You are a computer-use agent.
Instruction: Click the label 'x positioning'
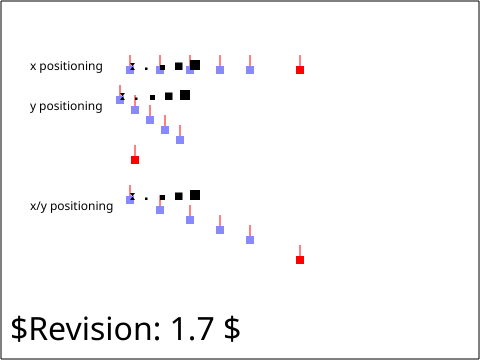click(66, 66)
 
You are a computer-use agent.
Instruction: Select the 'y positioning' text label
click(66, 106)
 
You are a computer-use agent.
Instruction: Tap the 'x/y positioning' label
click(71, 206)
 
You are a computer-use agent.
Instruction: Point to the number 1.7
click(192, 329)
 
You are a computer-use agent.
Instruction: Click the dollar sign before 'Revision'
click(19, 329)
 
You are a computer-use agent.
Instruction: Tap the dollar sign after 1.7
click(232, 329)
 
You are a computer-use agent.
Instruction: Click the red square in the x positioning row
click(300, 70)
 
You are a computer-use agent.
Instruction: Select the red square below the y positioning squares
click(135, 160)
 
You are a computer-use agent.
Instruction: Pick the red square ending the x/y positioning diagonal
click(300, 260)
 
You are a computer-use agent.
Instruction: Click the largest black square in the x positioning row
click(195, 65)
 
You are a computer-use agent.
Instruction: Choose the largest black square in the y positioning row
click(185, 95)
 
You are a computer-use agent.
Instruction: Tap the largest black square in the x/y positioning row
click(195, 195)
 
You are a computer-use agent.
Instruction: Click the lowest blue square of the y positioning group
click(180, 140)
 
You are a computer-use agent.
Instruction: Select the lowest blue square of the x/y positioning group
click(250, 240)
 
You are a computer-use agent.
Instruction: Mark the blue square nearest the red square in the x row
click(250, 70)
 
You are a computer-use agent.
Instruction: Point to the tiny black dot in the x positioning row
click(146, 69)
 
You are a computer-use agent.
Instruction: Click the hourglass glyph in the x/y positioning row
click(132, 196)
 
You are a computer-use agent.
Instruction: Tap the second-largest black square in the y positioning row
click(169, 96)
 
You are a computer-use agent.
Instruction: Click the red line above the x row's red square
click(300, 61)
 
